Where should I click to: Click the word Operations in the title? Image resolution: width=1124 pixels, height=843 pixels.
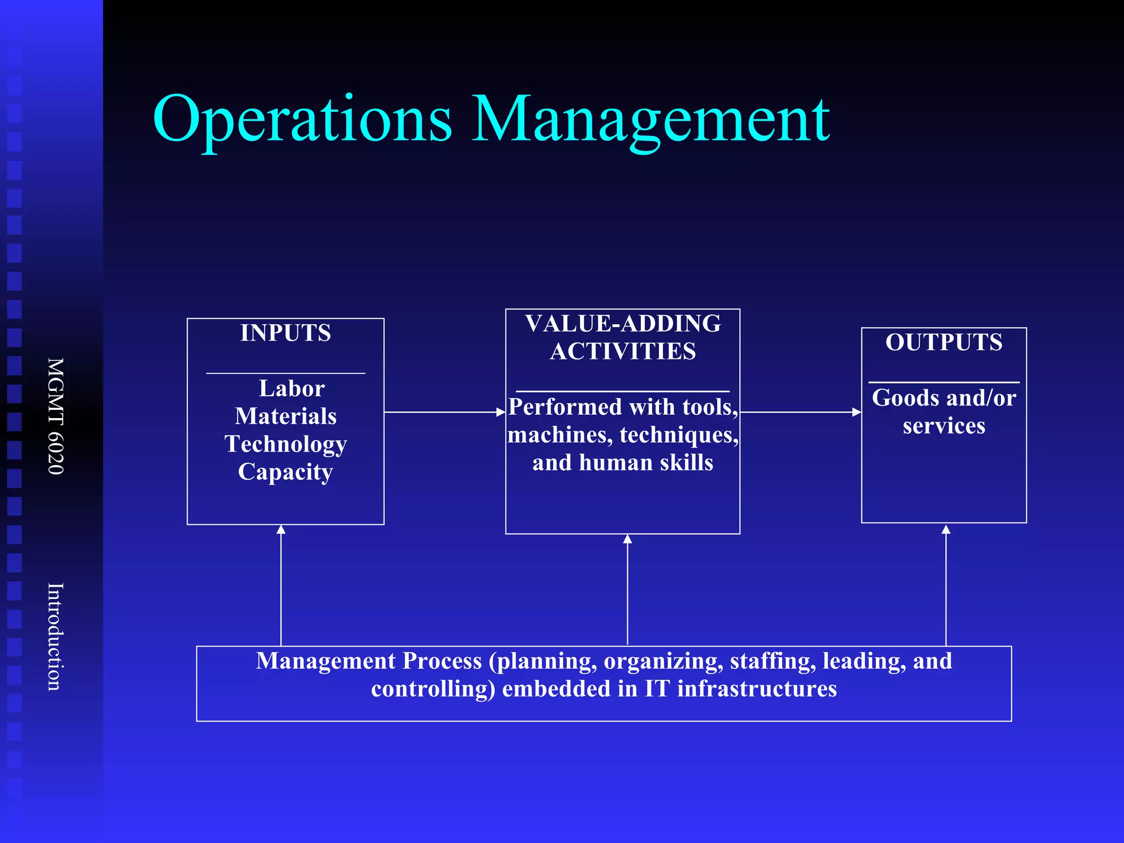(302, 120)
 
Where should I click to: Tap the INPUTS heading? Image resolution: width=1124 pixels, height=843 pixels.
(285, 333)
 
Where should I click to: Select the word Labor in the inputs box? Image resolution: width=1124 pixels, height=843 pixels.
(291, 389)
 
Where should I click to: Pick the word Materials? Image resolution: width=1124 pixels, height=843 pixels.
(285, 417)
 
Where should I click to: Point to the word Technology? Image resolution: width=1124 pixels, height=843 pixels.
(285, 444)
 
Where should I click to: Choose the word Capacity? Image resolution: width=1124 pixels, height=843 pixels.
(285, 472)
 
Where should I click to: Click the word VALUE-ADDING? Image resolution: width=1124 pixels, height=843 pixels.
(623, 324)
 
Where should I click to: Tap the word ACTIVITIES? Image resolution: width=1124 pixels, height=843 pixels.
(623, 352)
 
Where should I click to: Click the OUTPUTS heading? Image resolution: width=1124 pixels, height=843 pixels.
(944, 342)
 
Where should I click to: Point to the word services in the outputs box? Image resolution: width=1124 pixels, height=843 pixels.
(944, 426)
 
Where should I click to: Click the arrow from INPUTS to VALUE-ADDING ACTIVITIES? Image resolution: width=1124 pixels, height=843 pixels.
(445, 412)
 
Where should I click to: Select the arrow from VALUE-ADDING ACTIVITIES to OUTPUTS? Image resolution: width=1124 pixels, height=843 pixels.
(800, 412)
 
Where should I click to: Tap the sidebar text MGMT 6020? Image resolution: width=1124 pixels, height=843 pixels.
(56, 416)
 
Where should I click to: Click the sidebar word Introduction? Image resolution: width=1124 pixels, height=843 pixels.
(56, 637)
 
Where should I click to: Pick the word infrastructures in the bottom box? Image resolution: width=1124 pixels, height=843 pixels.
(757, 689)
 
